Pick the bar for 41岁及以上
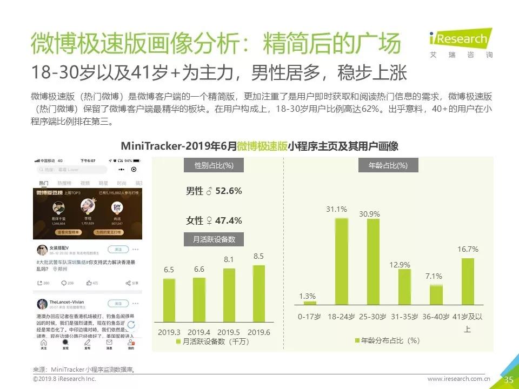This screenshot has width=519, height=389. point(468,281)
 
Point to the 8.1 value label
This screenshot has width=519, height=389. point(229,260)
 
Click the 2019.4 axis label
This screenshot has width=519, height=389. point(199,332)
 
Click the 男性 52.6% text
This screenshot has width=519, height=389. point(214,191)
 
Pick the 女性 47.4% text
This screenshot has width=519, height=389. point(214,220)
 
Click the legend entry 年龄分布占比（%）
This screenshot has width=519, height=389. point(387,340)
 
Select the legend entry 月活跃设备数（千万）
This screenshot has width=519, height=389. point(211,341)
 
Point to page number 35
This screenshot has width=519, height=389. point(508,380)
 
